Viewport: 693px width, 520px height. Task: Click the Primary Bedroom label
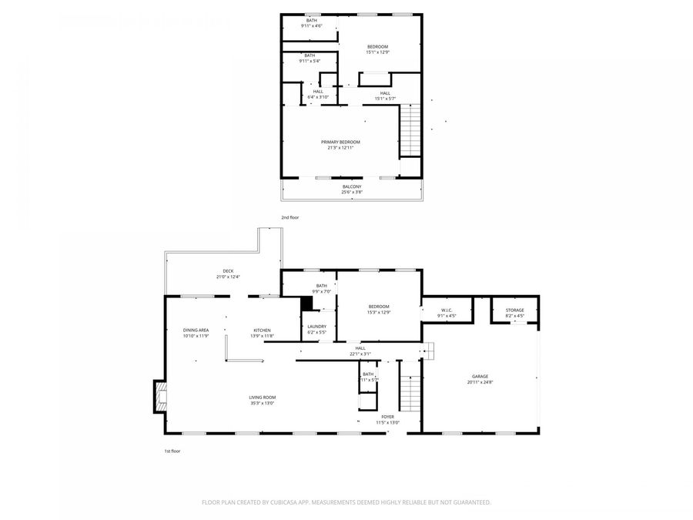[x=340, y=142]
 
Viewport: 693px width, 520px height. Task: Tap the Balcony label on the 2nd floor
[x=352, y=186]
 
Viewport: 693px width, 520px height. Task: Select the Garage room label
[x=480, y=376]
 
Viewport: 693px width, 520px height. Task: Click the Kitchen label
[x=263, y=330]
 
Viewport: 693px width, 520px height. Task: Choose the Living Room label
[x=262, y=398]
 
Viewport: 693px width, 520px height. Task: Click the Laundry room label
[x=316, y=327]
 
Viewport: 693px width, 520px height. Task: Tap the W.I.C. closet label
[x=447, y=310]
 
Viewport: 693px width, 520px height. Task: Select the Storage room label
[x=514, y=310]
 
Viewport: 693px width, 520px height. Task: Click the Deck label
[x=228, y=271]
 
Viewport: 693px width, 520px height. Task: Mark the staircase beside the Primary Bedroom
[x=410, y=131]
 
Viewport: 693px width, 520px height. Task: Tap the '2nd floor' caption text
[x=290, y=217]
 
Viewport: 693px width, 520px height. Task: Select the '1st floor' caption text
[x=172, y=451]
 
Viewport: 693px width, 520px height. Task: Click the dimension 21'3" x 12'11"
[x=340, y=148]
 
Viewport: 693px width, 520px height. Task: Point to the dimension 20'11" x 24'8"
[x=480, y=382]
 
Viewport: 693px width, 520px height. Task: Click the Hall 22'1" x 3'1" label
[x=360, y=351]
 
